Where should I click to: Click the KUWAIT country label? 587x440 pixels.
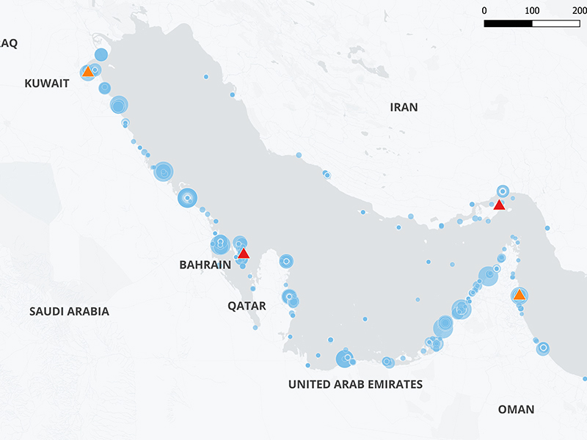pos(47,84)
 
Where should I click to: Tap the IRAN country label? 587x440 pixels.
pos(404,107)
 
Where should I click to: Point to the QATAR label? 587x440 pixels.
pos(247,305)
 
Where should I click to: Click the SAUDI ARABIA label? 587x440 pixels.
pos(69,312)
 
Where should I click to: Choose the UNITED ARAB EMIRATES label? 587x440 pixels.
pos(355,384)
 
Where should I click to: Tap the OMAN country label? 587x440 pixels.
pos(516,409)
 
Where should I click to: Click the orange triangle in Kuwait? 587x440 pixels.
pos(87,72)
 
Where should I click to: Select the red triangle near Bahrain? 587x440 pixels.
pos(243,254)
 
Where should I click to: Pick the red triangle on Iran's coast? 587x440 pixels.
pos(499,205)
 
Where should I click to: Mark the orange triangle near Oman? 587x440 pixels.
pos(519,296)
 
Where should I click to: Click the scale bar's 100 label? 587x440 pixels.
pos(532,11)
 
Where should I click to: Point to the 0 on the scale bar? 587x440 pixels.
pos(484,11)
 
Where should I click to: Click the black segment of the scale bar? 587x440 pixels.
pos(508,23)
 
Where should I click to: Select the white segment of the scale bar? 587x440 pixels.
pos(555,23)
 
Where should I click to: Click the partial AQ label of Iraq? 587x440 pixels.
pos(8,43)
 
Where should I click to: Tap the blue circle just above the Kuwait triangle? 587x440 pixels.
pos(101,54)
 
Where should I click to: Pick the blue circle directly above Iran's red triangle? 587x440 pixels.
pos(503,191)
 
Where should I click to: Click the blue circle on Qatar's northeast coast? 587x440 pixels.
pos(286,261)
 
